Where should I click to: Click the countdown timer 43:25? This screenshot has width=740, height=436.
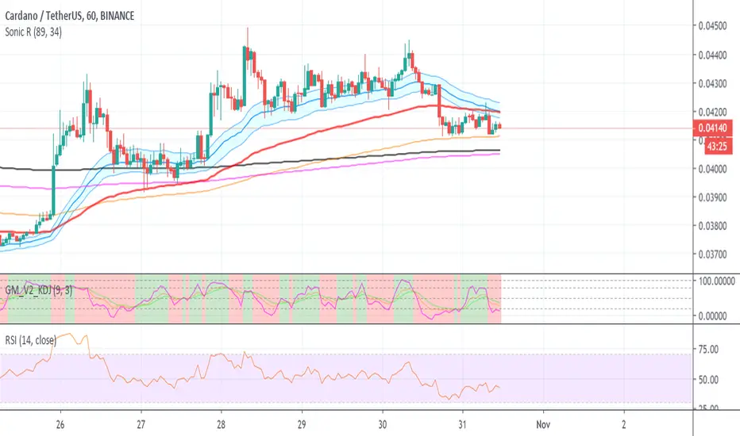point(717,147)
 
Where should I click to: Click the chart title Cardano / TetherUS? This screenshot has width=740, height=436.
point(56,14)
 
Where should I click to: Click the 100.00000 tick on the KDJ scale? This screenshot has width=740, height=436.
point(718,281)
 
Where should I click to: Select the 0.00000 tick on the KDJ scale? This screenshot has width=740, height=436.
point(718,316)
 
